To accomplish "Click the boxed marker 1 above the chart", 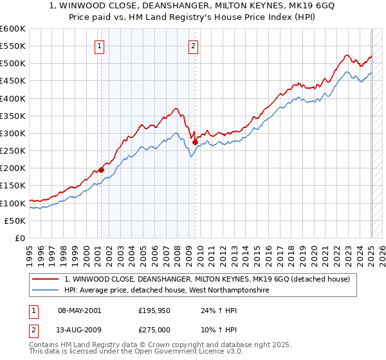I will click(100, 46).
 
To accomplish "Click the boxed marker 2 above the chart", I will click(194, 46).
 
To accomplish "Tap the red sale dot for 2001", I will click(101, 170).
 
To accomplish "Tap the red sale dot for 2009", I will click(195, 142).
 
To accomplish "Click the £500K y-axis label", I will click(13, 64).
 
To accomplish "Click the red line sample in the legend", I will click(46, 279).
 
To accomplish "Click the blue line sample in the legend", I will click(46, 291).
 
